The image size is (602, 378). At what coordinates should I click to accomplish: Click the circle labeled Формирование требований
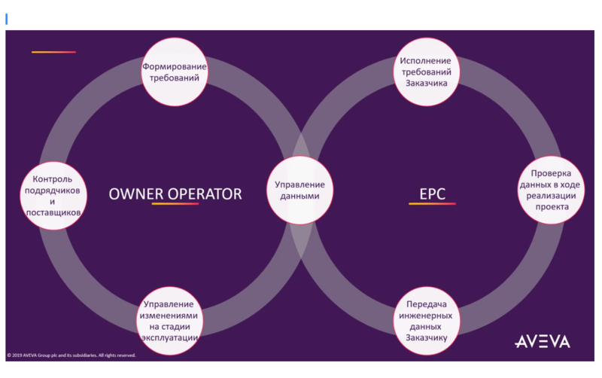pyautogui.click(x=175, y=72)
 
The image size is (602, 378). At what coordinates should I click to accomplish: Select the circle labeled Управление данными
pyautogui.click(x=299, y=190)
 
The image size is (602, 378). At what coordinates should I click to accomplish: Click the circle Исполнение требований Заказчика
pyautogui.click(x=427, y=72)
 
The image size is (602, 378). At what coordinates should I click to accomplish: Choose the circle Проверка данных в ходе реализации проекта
pyautogui.click(x=551, y=190)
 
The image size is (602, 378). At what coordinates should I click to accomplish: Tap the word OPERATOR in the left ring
pyautogui.click(x=206, y=194)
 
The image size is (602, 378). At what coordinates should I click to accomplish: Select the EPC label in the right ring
pyautogui.click(x=432, y=194)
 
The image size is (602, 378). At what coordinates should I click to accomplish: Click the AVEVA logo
pyautogui.click(x=542, y=342)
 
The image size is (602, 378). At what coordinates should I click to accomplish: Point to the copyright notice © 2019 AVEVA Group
pyautogui.click(x=71, y=355)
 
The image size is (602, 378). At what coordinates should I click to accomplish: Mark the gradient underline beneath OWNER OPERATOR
pyautogui.click(x=175, y=204)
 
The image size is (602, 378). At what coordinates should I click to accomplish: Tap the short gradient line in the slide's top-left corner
pyautogui.click(x=53, y=52)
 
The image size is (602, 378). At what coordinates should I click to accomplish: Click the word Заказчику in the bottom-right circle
pyautogui.click(x=427, y=338)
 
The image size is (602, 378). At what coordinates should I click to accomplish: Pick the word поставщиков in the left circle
pyautogui.click(x=53, y=213)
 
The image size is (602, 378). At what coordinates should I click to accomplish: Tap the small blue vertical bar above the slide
pyautogui.click(x=6, y=19)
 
